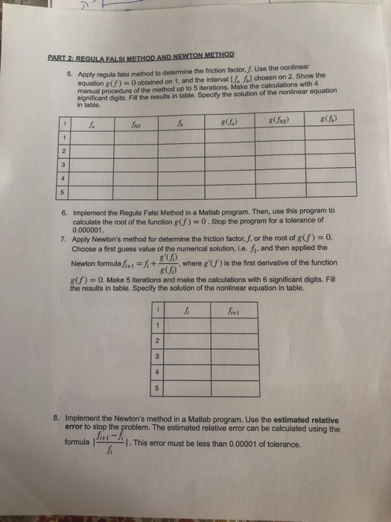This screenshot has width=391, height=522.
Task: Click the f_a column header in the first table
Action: [x=92, y=124]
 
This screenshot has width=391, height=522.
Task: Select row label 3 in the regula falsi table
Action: [x=66, y=166]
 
